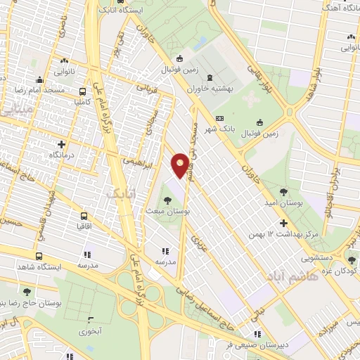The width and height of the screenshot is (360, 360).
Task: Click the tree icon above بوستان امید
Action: (283, 191)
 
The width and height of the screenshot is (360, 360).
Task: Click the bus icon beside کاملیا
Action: (83, 91)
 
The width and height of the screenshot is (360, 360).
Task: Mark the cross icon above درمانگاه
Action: (61, 143)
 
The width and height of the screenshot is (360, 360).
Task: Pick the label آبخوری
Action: (91, 330)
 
